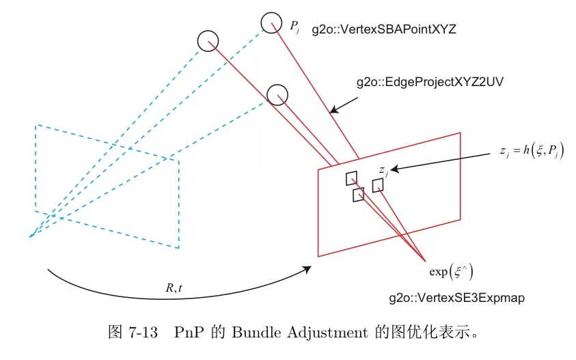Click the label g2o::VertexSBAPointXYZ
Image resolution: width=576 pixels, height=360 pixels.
(x=383, y=29)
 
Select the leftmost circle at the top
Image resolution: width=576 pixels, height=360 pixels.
(x=208, y=40)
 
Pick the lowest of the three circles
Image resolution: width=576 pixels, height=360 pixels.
(x=277, y=95)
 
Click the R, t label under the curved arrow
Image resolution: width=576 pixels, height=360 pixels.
(x=174, y=288)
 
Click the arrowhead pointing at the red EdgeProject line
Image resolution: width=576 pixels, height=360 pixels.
(x=333, y=109)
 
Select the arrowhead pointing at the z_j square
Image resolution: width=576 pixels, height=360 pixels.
(x=395, y=168)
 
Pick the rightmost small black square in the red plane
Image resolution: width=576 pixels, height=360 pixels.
(x=377, y=184)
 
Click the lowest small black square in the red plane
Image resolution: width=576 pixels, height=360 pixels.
(x=358, y=195)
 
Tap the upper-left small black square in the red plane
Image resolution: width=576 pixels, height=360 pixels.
(x=351, y=178)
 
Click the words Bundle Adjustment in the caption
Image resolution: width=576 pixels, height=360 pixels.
(x=301, y=333)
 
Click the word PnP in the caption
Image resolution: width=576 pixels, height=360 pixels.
(x=187, y=333)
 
